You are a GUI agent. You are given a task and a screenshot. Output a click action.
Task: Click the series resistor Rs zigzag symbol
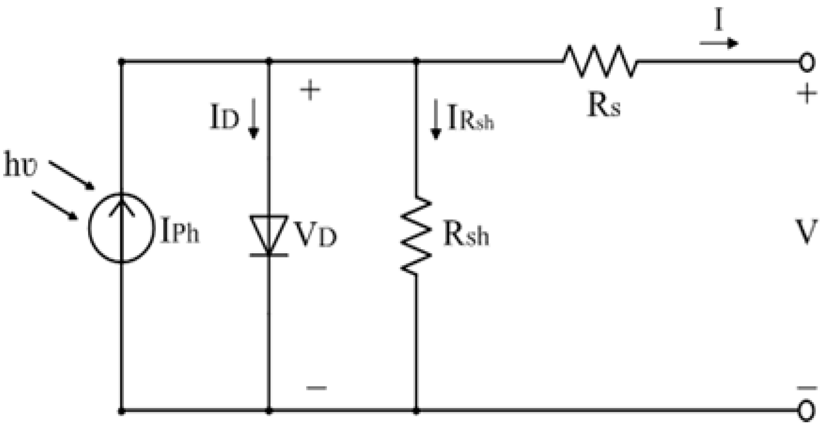pos(599,61)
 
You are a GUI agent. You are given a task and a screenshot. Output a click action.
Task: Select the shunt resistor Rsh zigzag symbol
pos(416,236)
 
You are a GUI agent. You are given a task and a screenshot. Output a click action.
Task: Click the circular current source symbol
pos(121,228)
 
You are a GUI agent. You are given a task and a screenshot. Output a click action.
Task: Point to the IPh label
pos(180,231)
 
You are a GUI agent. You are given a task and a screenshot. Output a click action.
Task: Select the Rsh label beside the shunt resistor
pos(466,234)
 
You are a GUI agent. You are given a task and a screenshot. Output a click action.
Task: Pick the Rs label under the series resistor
pos(604,105)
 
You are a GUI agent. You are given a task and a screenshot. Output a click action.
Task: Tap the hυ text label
pos(20,165)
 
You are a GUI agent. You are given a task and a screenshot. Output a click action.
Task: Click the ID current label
pos(224,117)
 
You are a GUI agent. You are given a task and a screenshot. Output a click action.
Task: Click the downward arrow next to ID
pos(253,119)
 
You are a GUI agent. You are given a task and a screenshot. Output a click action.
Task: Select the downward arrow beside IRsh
pos(436,119)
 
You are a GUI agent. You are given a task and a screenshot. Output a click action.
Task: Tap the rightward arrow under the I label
pos(719,43)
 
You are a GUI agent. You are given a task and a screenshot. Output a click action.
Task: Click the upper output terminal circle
pos(807,62)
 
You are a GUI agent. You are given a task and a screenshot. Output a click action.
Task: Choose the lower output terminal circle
pos(807,411)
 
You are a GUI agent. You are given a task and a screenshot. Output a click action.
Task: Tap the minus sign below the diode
pos(316,387)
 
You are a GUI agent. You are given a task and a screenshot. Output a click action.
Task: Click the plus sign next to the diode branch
pos(310,89)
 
